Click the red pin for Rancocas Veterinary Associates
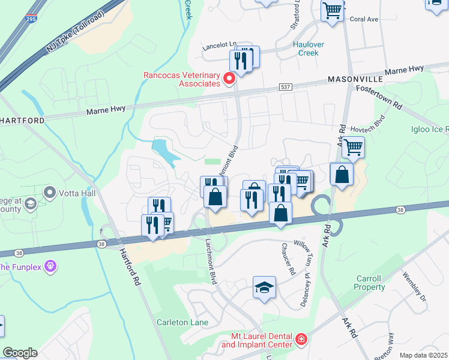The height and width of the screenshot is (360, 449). [229, 79]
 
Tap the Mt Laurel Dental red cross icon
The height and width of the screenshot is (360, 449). [301, 340]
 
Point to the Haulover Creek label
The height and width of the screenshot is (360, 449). [309, 49]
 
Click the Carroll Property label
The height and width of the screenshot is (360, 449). [370, 283]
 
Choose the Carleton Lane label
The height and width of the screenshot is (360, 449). [182, 323]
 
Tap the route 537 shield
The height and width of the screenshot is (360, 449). [286, 88]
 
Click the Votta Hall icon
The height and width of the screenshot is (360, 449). [49, 193]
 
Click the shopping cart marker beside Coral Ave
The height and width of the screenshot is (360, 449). [332, 10]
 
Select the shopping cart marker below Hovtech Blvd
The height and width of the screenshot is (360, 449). [353, 146]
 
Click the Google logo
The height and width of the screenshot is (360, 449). [20, 353]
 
